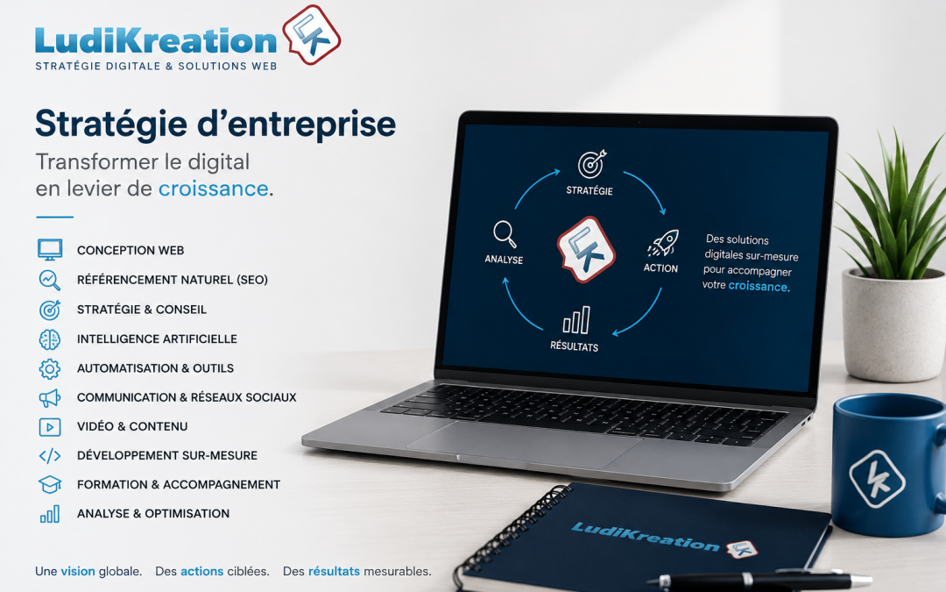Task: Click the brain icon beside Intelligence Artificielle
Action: [49, 339]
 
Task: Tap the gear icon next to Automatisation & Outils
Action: [49, 368]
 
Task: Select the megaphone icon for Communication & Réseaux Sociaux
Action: [49, 398]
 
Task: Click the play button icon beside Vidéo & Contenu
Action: [49, 427]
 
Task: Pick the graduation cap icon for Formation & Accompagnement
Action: [49, 484]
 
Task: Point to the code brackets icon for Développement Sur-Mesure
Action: [49, 455]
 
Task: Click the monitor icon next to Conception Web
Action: [49, 249]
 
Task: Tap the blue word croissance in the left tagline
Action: [213, 189]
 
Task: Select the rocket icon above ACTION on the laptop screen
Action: [663, 243]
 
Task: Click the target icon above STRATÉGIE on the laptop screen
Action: [591, 164]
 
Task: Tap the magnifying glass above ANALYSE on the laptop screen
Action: [505, 234]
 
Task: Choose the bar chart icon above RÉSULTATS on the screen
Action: [576, 320]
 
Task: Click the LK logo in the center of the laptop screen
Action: [585, 249]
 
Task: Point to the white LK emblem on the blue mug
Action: [877, 479]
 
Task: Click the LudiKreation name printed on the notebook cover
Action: [645, 537]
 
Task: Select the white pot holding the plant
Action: [893, 325]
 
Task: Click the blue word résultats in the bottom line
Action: [334, 571]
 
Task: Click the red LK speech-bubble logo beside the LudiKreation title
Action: [311, 34]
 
